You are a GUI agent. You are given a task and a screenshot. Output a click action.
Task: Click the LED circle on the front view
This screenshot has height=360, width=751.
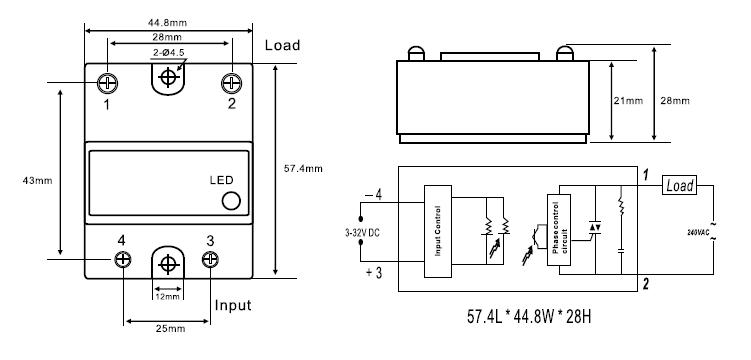click(x=231, y=201)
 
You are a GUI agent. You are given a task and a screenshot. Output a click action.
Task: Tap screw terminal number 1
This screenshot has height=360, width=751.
click(x=107, y=83)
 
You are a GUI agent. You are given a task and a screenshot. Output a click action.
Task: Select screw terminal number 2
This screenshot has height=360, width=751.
click(x=231, y=83)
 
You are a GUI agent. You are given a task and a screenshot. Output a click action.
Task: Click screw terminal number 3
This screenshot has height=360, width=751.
click(x=210, y=259)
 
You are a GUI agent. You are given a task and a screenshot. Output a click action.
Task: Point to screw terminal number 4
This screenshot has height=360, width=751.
click(x=123, y=259)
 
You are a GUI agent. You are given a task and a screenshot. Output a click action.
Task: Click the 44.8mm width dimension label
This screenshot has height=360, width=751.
click(x=167, y=22)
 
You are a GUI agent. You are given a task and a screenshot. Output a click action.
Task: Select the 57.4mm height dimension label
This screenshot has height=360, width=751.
click(x=303, y=169)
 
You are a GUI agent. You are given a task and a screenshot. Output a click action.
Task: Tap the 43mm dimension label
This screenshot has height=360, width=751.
click(x=37, y=181)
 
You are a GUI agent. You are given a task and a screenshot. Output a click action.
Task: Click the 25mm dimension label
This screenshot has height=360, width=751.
click(x=170, y=329)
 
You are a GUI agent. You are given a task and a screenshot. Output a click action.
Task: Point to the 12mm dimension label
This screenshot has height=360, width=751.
click(x=168, y=297)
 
